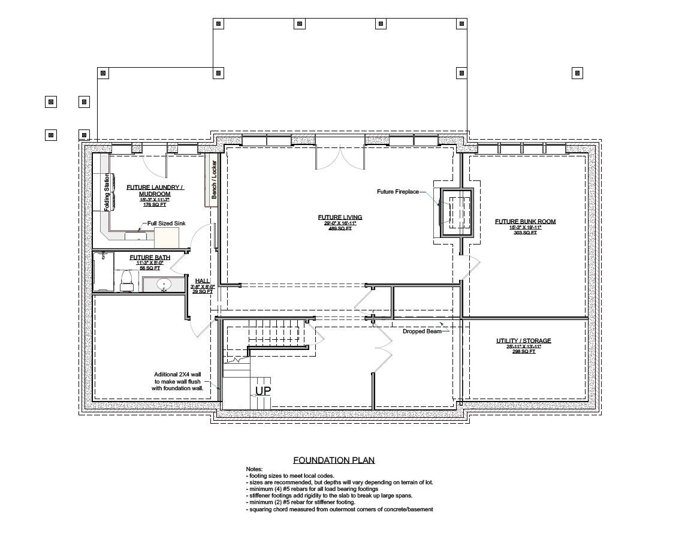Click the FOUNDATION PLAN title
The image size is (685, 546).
pyautogui.click(x=333, y=460)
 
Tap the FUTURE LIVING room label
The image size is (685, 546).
pyautogui.click(x=340, y=217)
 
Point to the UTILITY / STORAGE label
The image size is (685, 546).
pyautogui.click(x=523, y=340)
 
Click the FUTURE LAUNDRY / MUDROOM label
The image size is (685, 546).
pyautogui.click(x=155, y=191)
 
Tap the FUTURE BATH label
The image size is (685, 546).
pyautogui.click(x=150, y=257)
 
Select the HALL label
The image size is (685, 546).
pyautogui.click(x=202, y=280)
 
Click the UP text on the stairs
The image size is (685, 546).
pyautogui.click(x=263, y=391)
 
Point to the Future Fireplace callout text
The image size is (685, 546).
pyautogui.click(x=397, y=192)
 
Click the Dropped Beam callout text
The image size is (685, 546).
pyautogui.click(x=422, y=331)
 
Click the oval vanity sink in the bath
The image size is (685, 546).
pyautogui.click(x=164, y=283)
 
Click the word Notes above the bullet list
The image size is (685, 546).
pyautogui.click(x=254, y=469)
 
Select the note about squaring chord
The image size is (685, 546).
pyautogui.click(x=339, y=509)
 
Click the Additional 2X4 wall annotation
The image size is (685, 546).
pyautogui.click(x=179, y=381)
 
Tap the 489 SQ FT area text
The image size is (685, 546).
pyautogui.click(x=340, y=228)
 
